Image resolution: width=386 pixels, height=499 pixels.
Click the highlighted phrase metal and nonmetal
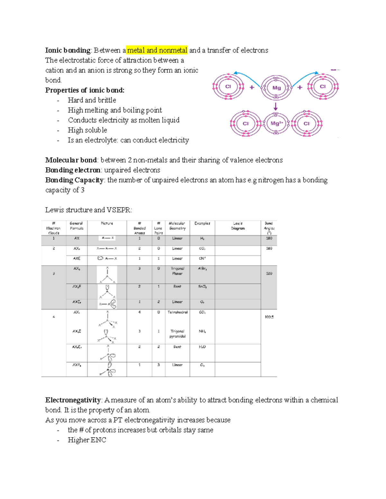pos(157,50)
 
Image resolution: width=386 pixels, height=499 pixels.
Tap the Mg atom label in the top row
pos(276,88)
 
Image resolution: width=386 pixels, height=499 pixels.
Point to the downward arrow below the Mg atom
pos(276,107)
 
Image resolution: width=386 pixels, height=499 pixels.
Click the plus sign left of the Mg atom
pos(252,87)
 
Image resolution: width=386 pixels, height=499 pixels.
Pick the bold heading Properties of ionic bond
pos(85,90)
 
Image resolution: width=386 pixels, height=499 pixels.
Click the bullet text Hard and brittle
pos(92,100)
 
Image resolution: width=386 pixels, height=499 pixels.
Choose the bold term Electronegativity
pos(73,400)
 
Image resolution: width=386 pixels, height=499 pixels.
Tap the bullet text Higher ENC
pos(87,440)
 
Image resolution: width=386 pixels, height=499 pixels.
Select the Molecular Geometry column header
pos(177,226)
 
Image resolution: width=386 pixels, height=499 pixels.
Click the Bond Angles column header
pos(269,228)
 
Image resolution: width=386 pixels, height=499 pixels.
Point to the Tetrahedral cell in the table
pos(177,312)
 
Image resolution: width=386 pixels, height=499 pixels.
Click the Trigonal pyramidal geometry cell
pos(177,334)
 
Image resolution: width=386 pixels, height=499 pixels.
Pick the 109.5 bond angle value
pos(269,317)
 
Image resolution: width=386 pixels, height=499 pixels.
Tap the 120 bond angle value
pos(269,273)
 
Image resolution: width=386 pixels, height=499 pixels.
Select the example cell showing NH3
pos(202,331)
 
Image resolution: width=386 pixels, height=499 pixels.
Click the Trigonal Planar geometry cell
pos(177,271)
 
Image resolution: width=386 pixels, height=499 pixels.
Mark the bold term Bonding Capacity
pos(74,180)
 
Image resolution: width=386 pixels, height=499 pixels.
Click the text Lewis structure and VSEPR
pos(88,210)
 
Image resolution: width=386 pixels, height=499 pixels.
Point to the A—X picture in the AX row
pos(107,238)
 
